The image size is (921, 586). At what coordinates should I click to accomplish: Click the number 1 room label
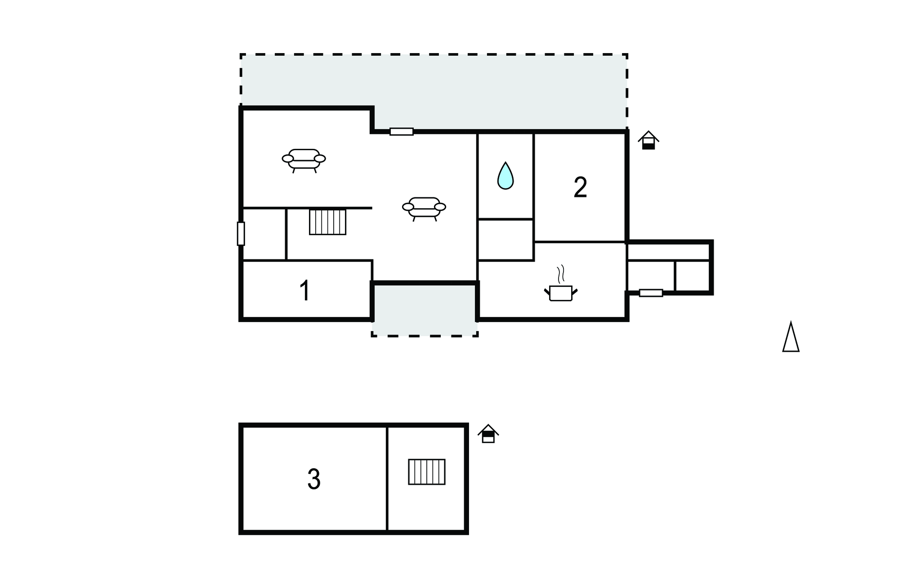coord(304,291)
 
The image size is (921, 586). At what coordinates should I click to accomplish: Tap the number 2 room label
coord(580,188)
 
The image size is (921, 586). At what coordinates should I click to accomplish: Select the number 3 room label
coord(313,479)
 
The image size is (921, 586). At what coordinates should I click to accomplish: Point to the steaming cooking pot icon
coord(560,288)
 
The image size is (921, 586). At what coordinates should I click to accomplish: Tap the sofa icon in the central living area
coord(424,209)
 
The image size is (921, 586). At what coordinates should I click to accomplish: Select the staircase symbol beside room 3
coord(426,472)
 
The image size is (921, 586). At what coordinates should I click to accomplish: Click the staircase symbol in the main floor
coord(327,222)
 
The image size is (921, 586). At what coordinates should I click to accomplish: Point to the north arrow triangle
coord(791,337)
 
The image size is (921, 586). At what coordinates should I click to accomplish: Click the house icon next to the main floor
coord(648,140)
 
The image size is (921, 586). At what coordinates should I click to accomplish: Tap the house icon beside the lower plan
coord(488,434)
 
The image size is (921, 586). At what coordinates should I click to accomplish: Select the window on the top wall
coord(401,132)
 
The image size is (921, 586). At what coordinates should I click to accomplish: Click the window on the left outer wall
coord(241,233)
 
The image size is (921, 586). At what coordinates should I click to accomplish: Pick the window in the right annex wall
coord(651,293)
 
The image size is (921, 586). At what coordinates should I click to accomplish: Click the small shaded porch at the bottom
coord(424,310)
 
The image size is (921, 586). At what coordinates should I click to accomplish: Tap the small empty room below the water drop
coord(505,240)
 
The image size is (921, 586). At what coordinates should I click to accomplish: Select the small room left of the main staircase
coord(264,234)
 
